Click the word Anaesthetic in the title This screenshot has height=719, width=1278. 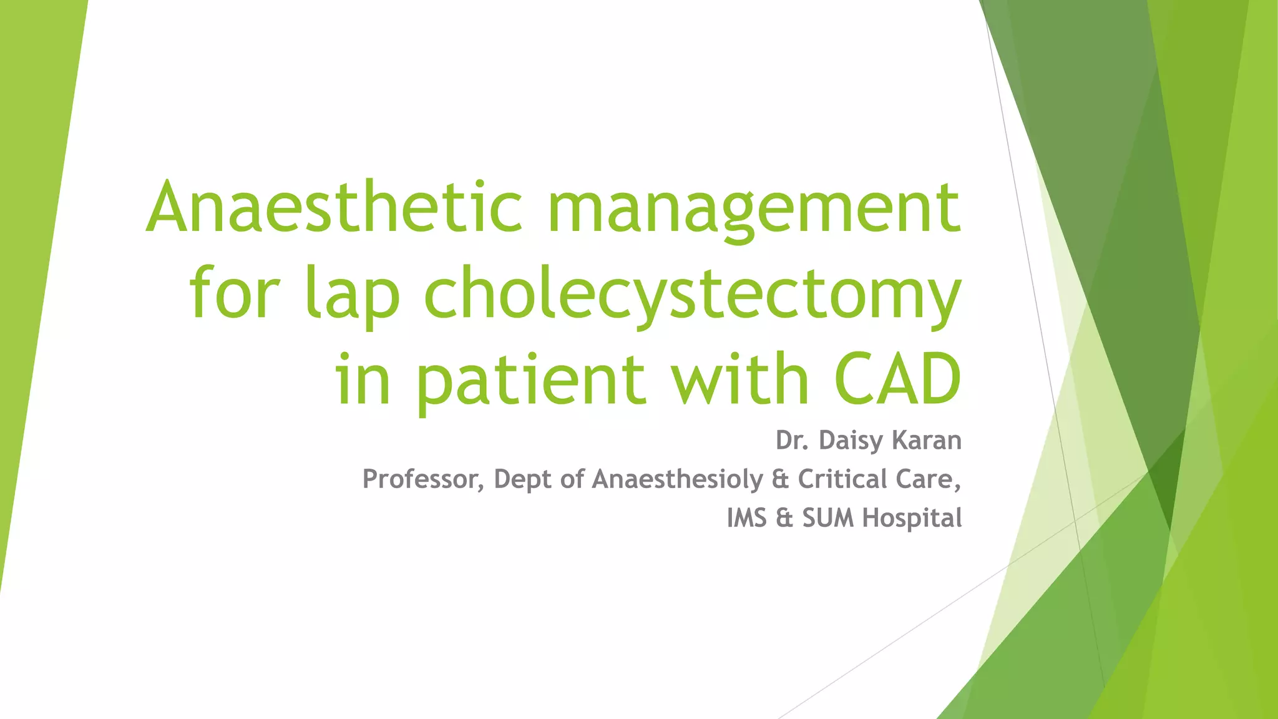tap(334, 207)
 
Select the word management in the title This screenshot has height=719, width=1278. tap(754, 209)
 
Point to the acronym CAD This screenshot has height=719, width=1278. tap(897, 378)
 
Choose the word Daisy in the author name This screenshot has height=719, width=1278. tap(851, 441)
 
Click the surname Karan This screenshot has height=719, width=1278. tap(927, 441)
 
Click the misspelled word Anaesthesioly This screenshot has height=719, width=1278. tap(678, 479)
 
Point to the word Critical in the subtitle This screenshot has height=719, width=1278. tap(842, 479)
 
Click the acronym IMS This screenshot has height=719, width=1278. tap(746, 518)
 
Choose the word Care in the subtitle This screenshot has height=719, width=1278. tap(924, 479)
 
